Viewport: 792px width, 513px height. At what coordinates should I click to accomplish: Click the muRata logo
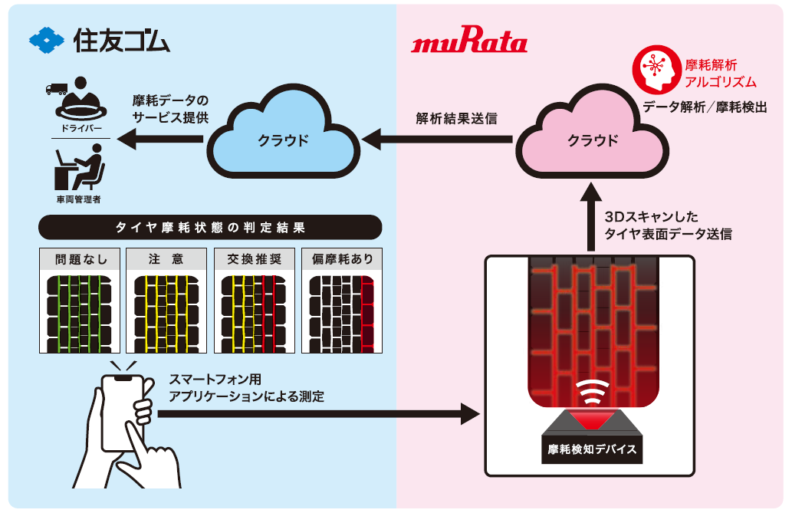(x=469, y=43)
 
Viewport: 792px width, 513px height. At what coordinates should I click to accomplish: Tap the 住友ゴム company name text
(x=122, y=39)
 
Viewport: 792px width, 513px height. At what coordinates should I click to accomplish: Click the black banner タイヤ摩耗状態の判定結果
(x=209, y=228)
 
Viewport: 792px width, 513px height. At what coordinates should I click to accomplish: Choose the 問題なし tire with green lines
(x=79, y=313)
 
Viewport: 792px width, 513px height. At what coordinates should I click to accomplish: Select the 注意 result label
(x=166, y=259)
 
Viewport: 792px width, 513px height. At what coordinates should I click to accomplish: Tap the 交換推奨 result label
(x=254, y=259)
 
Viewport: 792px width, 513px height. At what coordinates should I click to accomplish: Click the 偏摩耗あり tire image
(x=341, y=313)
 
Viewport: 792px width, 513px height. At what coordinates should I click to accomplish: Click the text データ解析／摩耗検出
(x=705, y=107)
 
